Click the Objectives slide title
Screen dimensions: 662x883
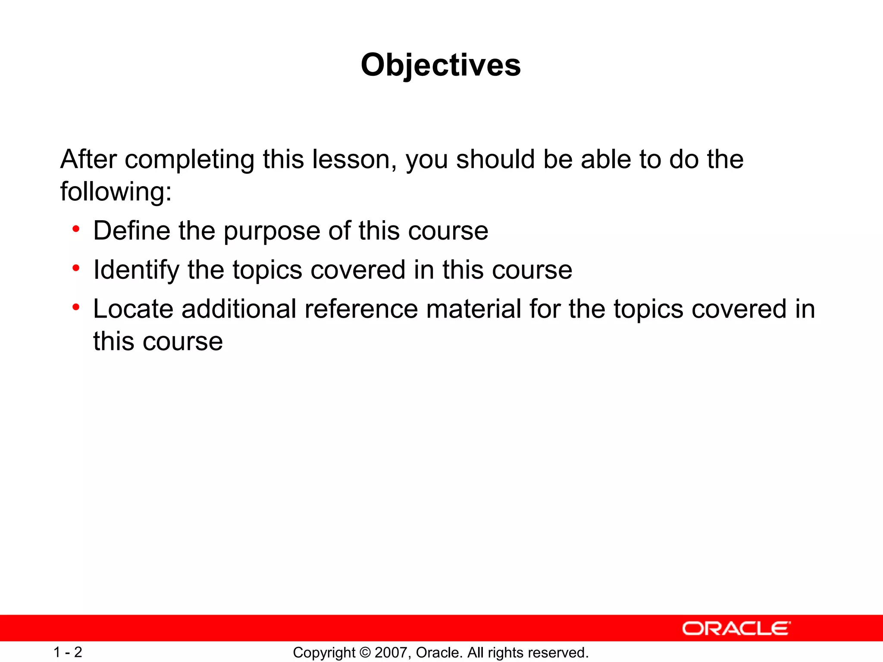pos(441,65)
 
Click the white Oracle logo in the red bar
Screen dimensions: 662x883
pos(736,628)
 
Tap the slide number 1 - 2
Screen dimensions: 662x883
pos(68,652)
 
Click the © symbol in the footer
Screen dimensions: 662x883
pos(365,653)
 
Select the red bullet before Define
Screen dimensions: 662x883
pos(76,229)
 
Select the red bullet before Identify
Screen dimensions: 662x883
pos(76,268)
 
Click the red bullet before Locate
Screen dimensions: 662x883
pos(76,307)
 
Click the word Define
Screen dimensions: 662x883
pos(132,231)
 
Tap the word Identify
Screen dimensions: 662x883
pos(136,270)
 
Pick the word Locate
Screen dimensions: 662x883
pos(133,309)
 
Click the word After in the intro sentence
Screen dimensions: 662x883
pos(88,159)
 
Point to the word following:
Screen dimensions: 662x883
pos(116,191)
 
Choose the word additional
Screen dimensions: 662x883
pos(239,309)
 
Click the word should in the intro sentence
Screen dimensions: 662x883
pos(495,159)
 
